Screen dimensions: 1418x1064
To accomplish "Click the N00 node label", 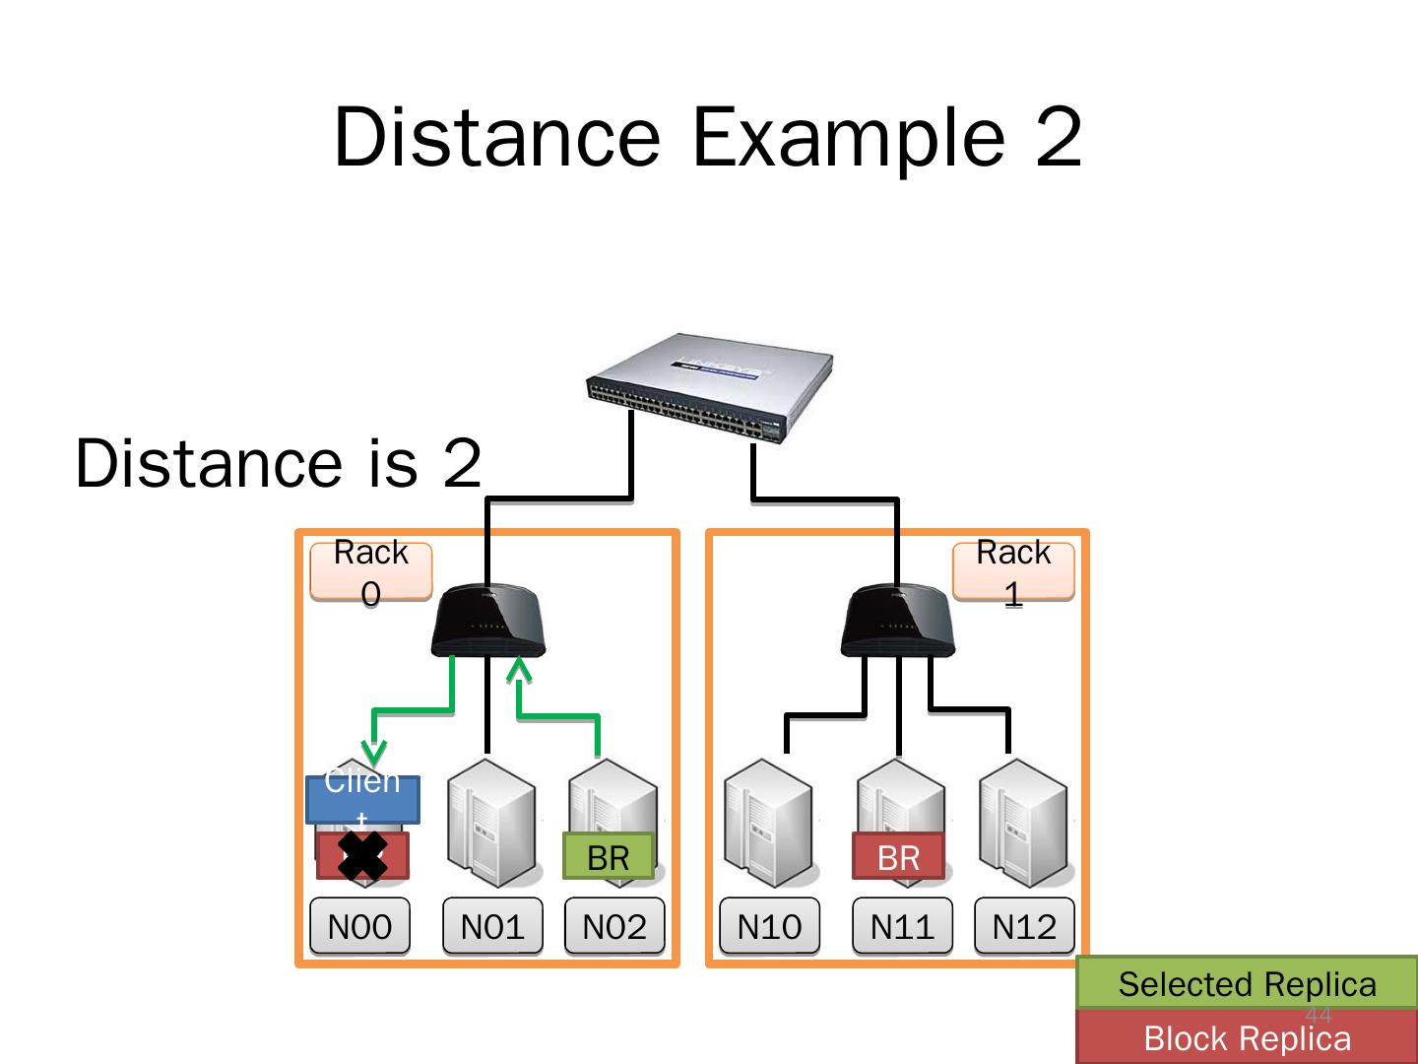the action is pos(359,926).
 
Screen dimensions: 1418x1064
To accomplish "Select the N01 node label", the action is pos(492,926).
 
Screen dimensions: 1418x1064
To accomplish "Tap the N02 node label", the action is pos(614,926).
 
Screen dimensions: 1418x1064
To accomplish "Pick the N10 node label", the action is pos(769,926).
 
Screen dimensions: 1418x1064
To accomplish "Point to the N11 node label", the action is pos(902,926).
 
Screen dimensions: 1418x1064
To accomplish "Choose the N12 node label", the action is pos(1024,926).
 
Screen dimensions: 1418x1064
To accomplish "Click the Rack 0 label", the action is pos(371,571).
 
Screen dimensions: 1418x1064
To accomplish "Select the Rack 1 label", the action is pos(1013,571).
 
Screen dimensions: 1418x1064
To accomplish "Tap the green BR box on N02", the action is pos(609,857).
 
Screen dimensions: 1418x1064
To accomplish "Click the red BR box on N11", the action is pos(898,857).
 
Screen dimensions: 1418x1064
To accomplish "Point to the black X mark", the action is pos(362,855).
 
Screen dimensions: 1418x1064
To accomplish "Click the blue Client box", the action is pos(362,799).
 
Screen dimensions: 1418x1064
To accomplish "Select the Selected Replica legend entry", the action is pos(1247,983).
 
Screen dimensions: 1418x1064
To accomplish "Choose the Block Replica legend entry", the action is pos(1247,1038).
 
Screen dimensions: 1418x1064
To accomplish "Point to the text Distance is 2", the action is pos(279,462).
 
